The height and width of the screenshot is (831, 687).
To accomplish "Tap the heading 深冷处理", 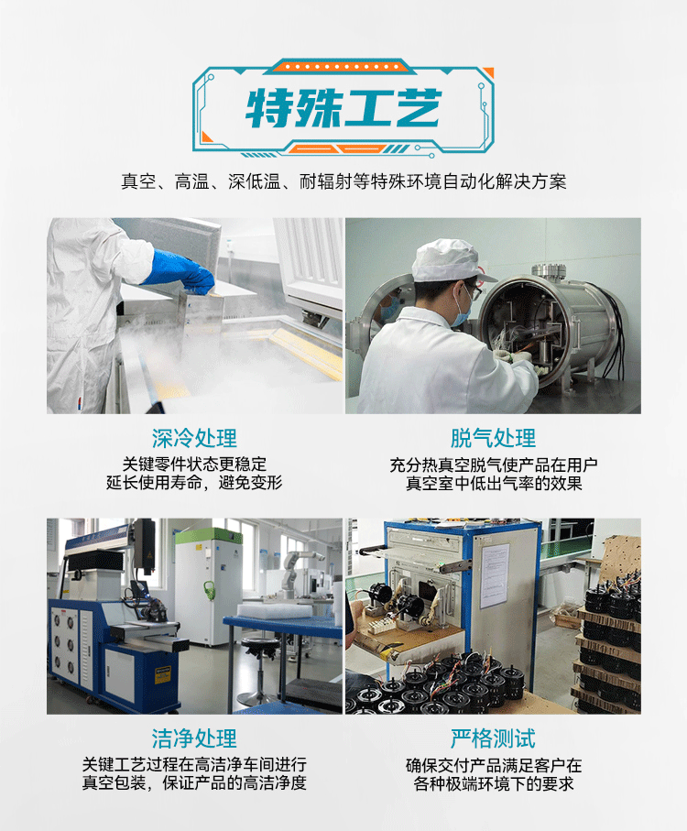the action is (194, 438).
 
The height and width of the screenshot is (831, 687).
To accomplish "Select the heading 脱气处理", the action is (493, 438).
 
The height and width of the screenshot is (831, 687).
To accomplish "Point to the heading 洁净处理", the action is (194, 738).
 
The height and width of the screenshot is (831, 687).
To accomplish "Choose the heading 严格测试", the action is (493, 738).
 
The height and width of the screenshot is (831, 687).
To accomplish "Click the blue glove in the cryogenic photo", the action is (182, 270).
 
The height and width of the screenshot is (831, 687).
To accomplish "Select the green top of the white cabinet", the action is (209, 536).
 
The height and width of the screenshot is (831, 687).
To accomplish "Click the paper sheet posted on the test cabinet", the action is (495, 575).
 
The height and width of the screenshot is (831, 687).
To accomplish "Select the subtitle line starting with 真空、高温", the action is (343, 181).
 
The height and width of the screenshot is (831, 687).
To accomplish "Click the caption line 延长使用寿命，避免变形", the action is (194, 483).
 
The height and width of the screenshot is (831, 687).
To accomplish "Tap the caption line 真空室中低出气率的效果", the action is (494, 484).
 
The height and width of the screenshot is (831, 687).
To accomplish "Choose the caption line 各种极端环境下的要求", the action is (494, 783).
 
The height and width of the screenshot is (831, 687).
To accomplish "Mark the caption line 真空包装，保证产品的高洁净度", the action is (194, 782).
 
